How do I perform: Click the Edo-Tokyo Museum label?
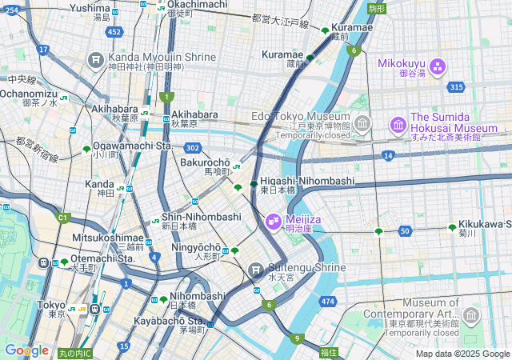[x=302, y=116]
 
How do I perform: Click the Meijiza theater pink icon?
[x=272, y=218]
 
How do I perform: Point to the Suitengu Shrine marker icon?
[x=256, y=269]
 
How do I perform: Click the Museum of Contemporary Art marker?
[x=471, y=314]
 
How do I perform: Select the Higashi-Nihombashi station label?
[x=307, y=182]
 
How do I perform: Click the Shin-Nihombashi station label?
[x=201, y=217]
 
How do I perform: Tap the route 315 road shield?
[x=456, y=87]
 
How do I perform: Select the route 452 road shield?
[x=115, y=32]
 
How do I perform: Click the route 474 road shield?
[x=326, y=302]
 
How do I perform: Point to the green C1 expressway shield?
[x=62, y=217]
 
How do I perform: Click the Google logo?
[x=26, y=350]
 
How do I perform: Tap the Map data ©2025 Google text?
[x=462, y=354]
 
